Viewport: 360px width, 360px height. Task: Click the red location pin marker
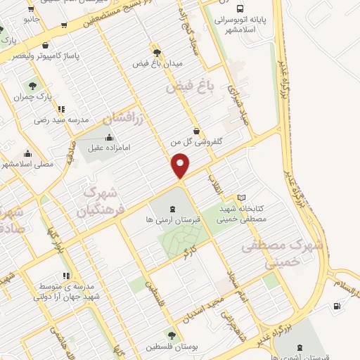[x=181, y=166]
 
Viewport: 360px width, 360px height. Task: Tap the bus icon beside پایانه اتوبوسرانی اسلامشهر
[x=240, y=10]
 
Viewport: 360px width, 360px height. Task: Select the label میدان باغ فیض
[x=157, y=64]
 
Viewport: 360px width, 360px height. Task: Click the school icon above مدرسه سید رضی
[x=62, y=109]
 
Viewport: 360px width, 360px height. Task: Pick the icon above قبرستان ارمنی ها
[x=172, y=208]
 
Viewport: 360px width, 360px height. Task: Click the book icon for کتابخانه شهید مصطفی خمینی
[x=242, y=199]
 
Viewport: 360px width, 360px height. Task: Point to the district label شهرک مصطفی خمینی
[x=281, y=253]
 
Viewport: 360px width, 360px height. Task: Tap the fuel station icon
[x=336, y=306]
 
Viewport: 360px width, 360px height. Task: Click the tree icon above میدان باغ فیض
[x=156, y=52]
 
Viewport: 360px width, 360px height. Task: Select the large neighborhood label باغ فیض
[x=189, y=89]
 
